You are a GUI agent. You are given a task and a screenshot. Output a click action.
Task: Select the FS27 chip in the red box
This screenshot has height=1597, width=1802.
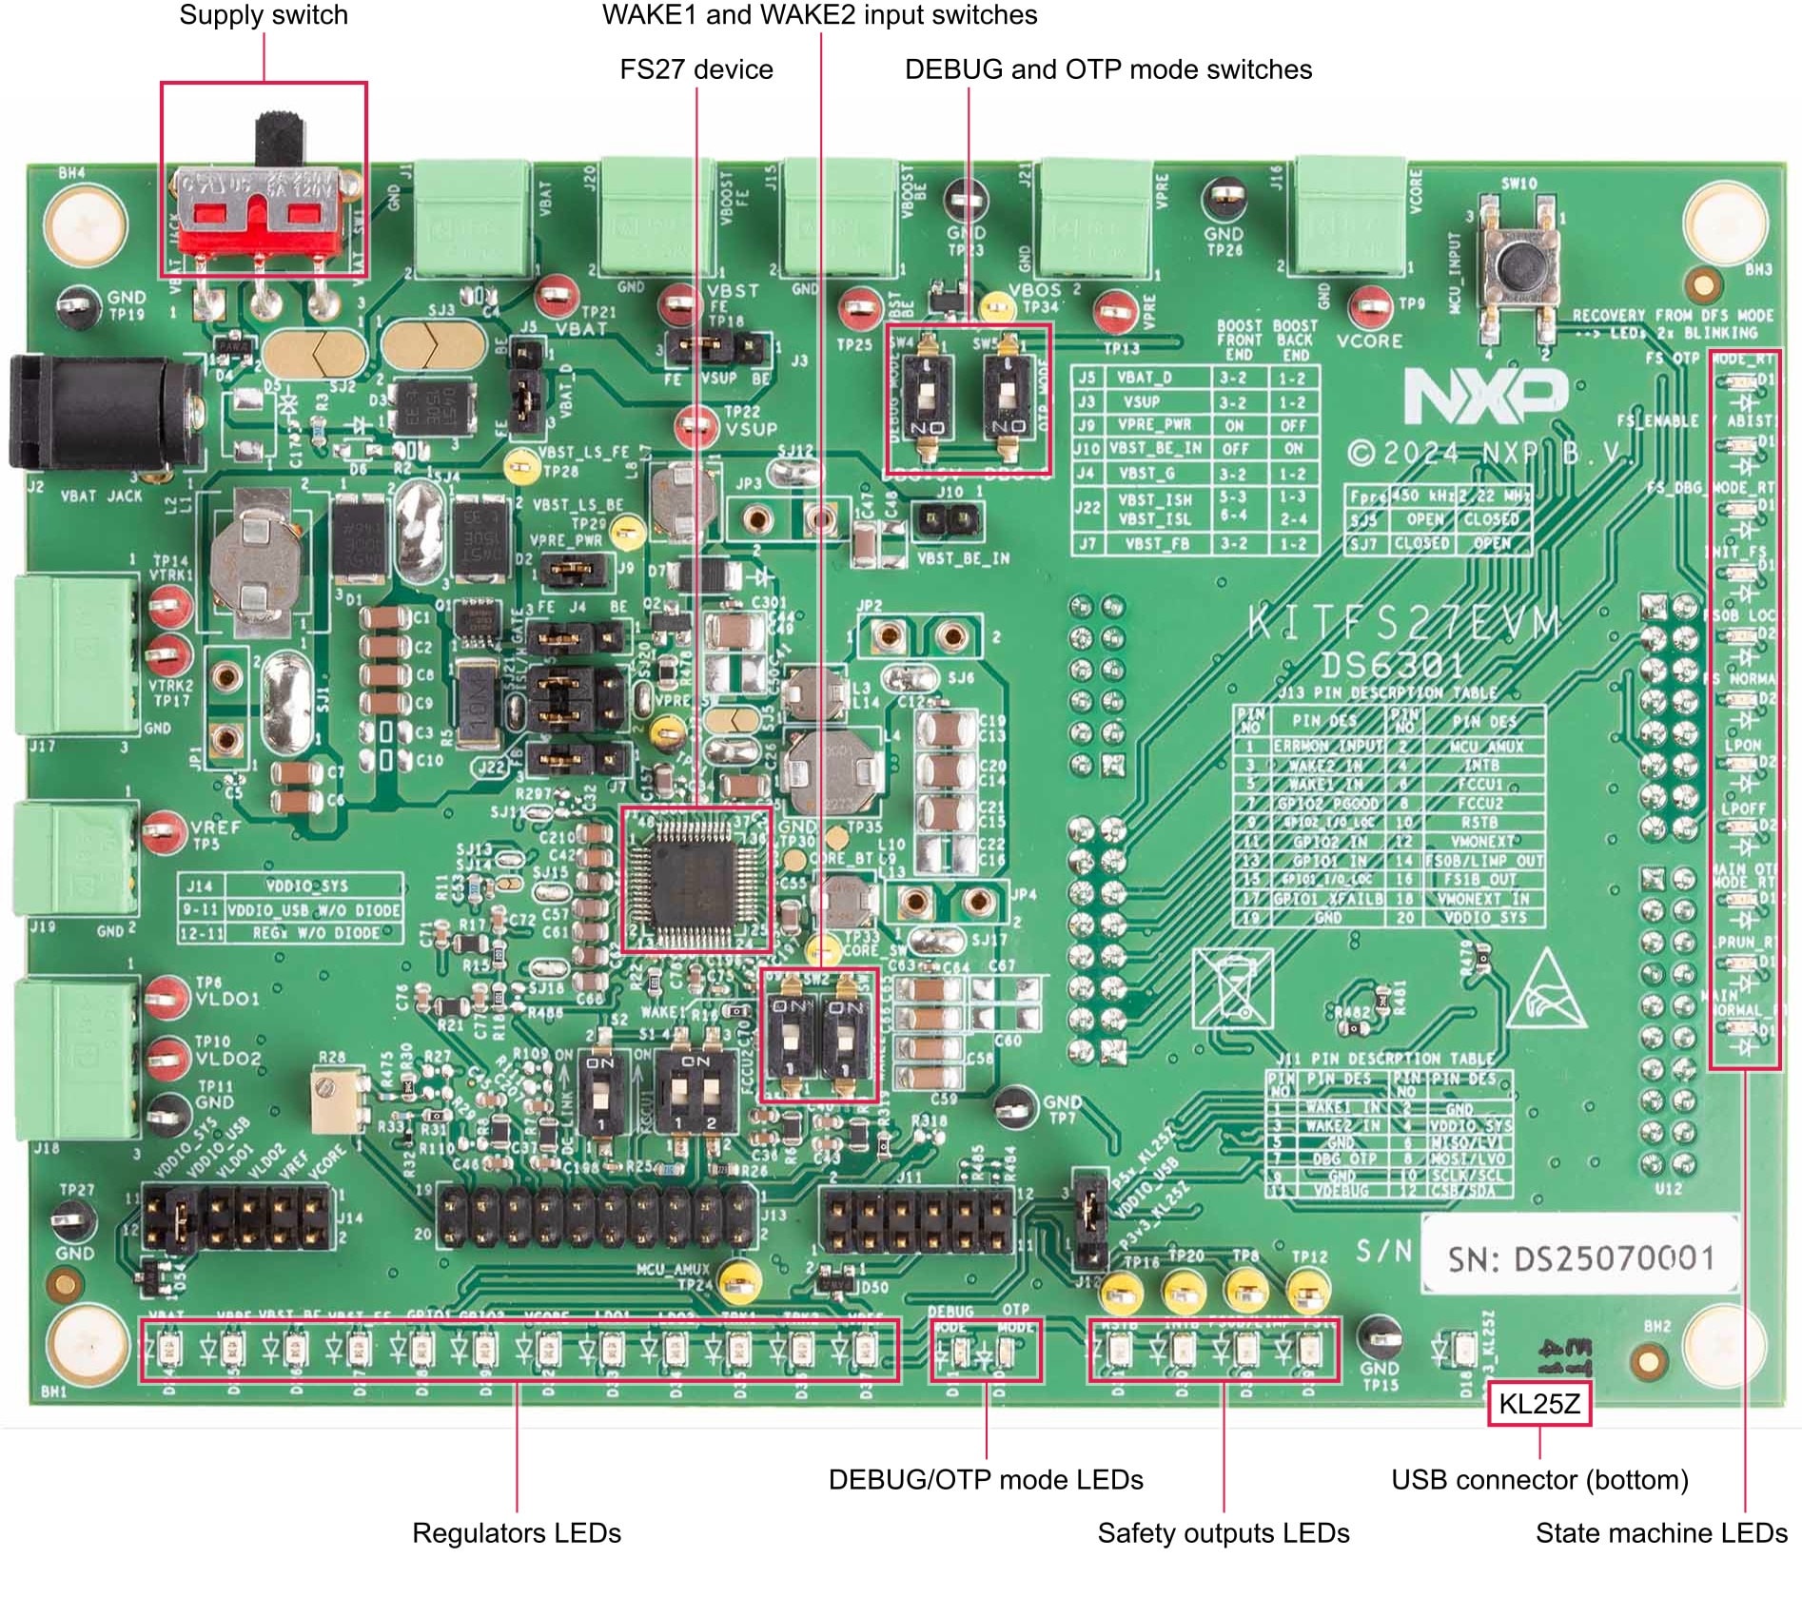pos(695,879)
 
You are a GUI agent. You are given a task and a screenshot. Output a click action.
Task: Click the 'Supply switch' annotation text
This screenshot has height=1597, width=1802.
pos(264,15)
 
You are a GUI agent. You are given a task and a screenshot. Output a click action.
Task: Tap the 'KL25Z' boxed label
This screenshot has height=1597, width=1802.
pos(1538,1403)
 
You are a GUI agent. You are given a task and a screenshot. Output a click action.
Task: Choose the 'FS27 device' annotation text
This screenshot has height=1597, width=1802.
pos(695,69)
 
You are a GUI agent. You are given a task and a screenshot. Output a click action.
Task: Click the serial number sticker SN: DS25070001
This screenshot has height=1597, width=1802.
pos(1579,1258)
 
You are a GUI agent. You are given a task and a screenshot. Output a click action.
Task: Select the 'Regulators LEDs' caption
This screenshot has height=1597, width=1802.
pos(516,1532)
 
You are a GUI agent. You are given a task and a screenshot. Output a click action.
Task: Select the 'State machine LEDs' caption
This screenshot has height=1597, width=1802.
pos(1661,1532)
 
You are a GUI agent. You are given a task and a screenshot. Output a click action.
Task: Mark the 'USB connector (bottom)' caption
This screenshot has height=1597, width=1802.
pos(1539,1479)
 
